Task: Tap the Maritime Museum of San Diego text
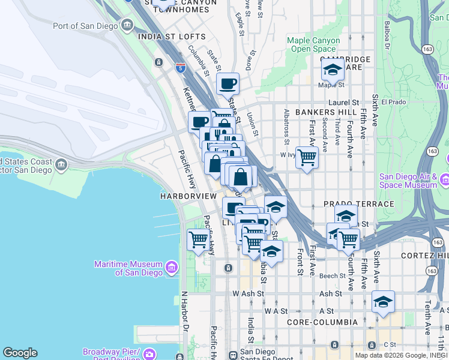[128, 268]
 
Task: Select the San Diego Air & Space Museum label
[408, 181]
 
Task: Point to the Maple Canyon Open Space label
[313, 44]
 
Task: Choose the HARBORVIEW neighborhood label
[188, 196]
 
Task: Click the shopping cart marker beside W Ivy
[307, 158]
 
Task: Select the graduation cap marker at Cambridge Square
[332, 70]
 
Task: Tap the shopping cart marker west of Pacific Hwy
[198, 240]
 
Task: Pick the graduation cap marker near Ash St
[383, 302]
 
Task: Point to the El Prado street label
[394, 102]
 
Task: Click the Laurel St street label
[347, 103]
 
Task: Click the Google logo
[20, 353]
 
